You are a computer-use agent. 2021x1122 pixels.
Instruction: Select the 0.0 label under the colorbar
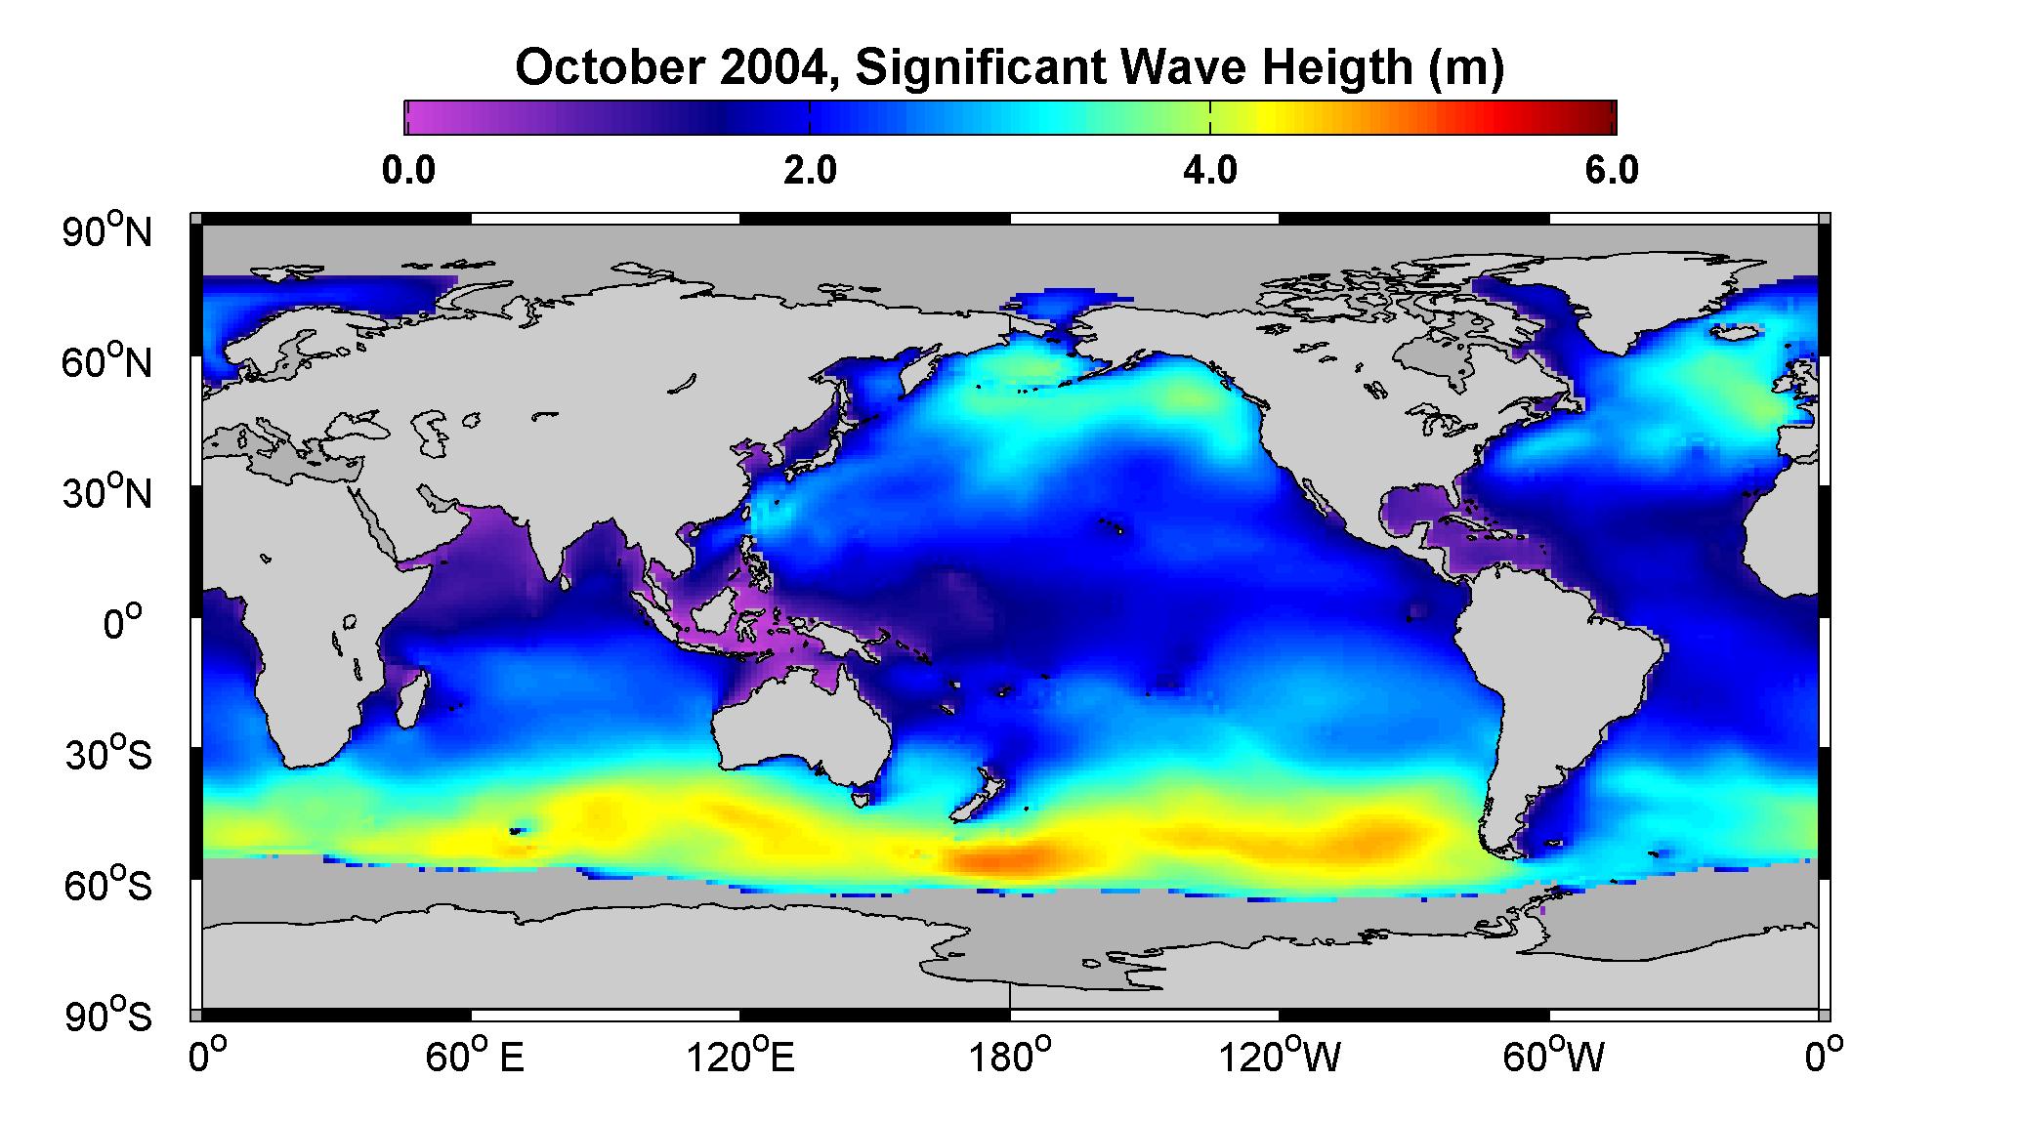408,170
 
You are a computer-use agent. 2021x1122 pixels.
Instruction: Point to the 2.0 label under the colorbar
810,170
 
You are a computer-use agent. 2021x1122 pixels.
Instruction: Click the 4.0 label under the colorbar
1209,170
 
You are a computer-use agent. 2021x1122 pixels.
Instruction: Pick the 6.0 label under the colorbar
1611,170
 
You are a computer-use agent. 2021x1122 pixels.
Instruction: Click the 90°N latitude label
108,231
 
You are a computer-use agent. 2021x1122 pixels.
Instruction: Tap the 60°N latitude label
108,362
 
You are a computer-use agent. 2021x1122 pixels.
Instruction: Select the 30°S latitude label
108,755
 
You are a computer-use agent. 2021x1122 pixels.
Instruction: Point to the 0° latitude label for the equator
123,622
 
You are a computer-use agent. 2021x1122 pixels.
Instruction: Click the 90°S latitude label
108,1016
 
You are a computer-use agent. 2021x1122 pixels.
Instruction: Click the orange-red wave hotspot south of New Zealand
1006,860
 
